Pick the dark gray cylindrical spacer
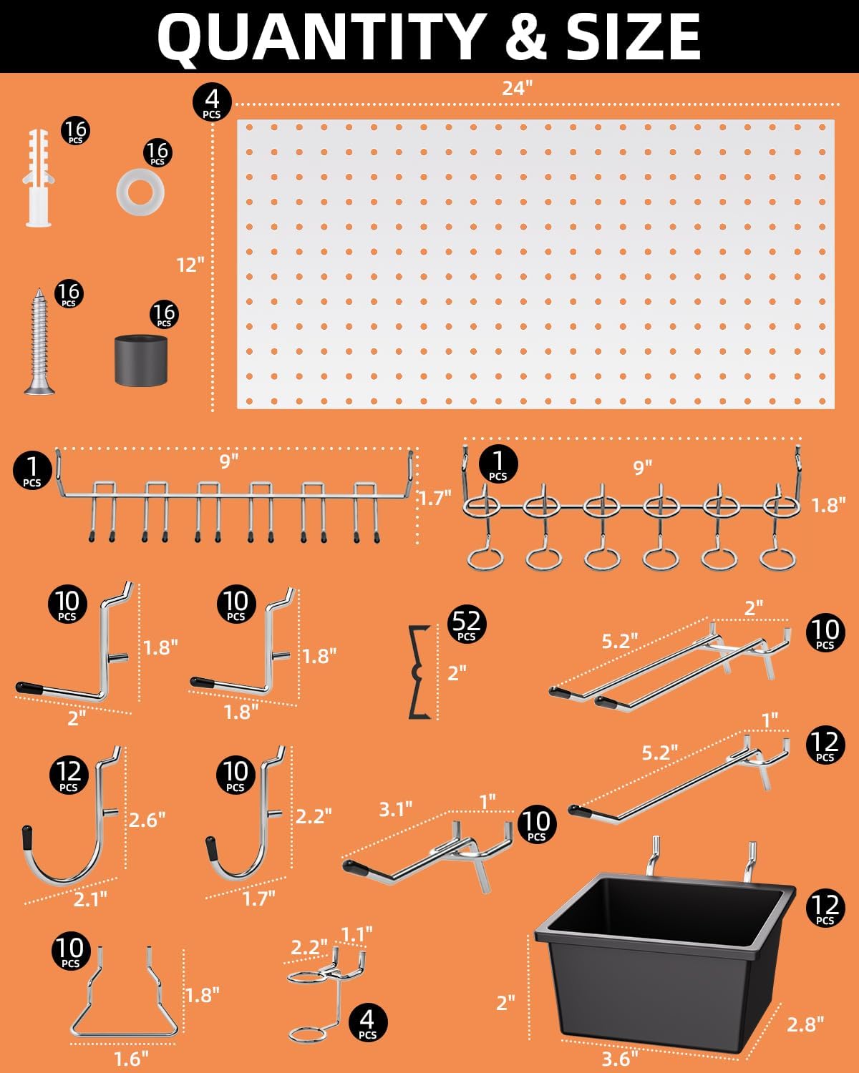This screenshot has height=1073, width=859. point(141,358)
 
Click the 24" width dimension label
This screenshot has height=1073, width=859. point(517,88)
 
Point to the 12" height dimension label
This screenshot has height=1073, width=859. point(190,265)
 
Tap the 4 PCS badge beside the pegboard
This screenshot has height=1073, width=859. point(212,102)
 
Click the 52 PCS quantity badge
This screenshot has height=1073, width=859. point(466,624)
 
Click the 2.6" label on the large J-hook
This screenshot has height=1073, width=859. point(147,819)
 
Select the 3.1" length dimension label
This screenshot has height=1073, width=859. point(395,809)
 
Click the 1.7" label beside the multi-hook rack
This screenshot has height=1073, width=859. point(435,498)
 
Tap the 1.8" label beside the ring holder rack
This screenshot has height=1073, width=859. point(828,505)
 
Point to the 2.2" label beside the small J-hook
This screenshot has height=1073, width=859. point(314,815)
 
